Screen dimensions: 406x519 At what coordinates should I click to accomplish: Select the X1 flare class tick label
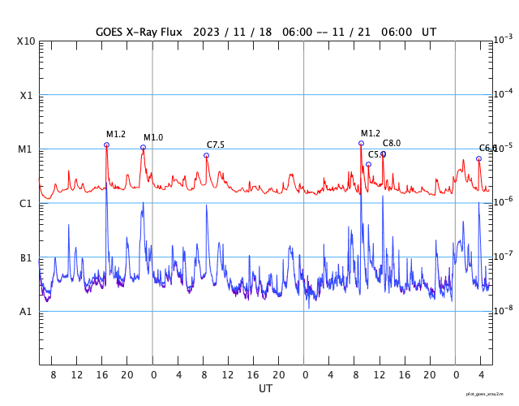coord(27,96)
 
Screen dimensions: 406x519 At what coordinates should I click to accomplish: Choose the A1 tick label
coord(27,312)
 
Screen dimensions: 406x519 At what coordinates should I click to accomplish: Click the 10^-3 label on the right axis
coord(504,39)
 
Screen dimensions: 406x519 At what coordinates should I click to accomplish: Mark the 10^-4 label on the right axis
coord(504,93)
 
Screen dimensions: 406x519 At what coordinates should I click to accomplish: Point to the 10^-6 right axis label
coord(504,201)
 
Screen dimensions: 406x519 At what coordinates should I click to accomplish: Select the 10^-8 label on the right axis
coord(504,309)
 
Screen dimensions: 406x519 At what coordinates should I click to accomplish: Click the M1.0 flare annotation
coord(153,138)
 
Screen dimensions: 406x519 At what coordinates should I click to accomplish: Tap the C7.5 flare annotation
coord(216,145)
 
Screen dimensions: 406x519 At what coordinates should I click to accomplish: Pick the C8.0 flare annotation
coord(392,144)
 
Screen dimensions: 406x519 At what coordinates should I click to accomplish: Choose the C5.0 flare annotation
coord(376,154)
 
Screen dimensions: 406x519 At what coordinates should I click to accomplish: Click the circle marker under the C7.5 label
coord(206,155)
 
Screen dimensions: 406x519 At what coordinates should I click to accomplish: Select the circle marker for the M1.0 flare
coord(144,148)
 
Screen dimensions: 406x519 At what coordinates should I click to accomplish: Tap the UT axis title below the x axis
coord(266,389)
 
